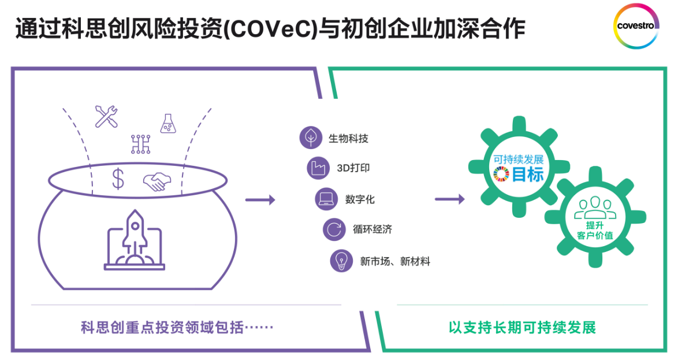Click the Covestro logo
(x=635, y=26)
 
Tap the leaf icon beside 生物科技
(x=310, y=138)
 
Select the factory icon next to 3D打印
(x=318, y=168)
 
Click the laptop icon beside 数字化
(x=326, y=199)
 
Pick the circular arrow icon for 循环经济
(x=333, y=229)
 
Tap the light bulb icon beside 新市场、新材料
(x=341, y=261)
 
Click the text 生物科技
(x=348, y=139)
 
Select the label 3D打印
(x=353, y=169)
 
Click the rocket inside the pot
(x=135, y=237)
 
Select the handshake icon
(x=155, y=182)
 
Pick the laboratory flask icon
(x=167, y=124)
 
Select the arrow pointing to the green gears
(x=449, y=200)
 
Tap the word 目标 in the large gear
(x=528, y=175)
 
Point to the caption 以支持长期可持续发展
(x=522, y=328)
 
